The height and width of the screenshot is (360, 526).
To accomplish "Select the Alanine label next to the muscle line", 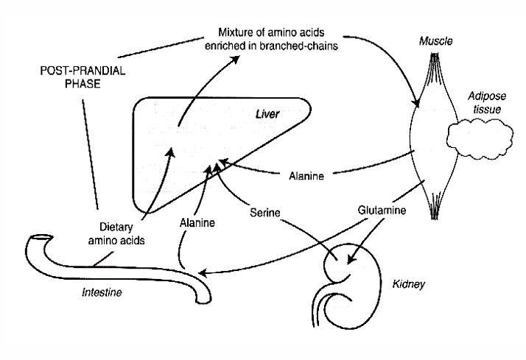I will (x=304, y=176).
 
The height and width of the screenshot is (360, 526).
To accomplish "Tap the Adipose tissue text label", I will (x=483, y=102).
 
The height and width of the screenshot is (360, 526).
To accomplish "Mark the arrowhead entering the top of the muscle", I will (x=417, y=102).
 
